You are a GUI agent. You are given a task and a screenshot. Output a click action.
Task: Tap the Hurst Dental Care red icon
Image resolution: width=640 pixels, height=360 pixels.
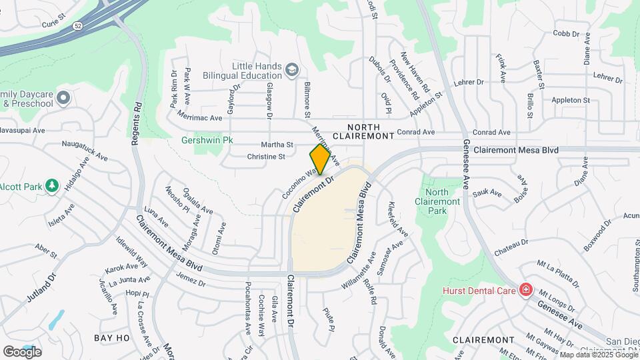[x=526, y=290]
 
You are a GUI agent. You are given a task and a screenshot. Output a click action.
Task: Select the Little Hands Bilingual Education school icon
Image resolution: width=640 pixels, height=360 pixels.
[x=291, y=70]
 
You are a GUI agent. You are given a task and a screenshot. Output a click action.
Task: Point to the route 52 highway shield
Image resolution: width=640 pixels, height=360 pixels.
[x=78, y=26]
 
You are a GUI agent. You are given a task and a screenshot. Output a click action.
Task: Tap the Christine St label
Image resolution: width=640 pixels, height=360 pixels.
[x=266, y=157]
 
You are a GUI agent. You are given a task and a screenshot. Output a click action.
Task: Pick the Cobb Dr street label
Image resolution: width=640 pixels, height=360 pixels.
[x=565, y=33]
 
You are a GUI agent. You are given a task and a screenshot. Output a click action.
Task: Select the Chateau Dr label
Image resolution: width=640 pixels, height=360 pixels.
[x=511, y=247]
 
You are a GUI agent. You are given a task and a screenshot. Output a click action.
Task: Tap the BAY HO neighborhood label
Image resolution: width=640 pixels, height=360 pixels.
[x=112, y=338]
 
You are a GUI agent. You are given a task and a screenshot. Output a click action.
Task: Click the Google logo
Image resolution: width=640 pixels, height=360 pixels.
[x=22, y=351]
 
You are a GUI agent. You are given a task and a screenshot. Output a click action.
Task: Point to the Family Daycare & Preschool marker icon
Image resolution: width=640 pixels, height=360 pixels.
[x=63, y=99]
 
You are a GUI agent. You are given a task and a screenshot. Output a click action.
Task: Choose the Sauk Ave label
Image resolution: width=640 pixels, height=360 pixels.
[x=487, y=193]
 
